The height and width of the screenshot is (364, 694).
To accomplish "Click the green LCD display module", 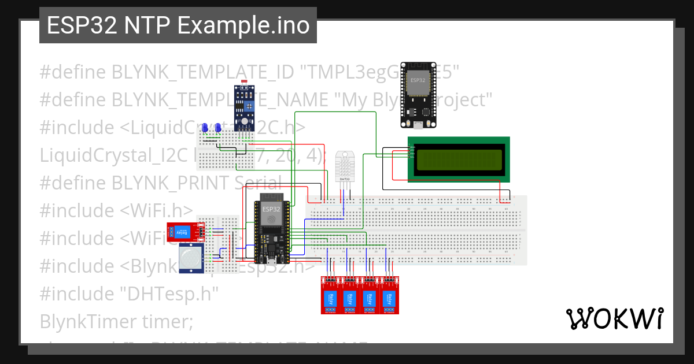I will coord(459,159).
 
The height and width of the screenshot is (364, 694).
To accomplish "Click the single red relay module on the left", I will coord(184,231).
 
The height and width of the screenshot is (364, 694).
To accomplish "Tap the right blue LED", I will coord(218,128).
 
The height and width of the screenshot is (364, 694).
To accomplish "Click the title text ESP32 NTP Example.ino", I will coord(178,26).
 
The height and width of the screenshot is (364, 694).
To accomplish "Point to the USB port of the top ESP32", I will coord(418,124).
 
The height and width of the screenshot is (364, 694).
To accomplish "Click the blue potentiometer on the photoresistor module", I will coord(250,106).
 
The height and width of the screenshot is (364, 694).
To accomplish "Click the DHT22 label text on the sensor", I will coord(344,179).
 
